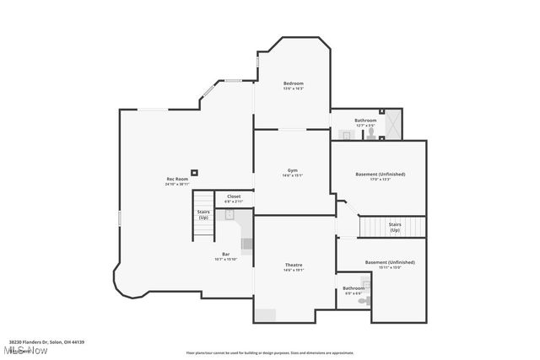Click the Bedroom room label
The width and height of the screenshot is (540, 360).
(293, 83)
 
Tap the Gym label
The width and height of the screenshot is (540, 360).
(293, 169)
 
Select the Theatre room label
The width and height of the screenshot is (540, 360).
(293, 265)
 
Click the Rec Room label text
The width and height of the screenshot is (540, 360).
(176, 178)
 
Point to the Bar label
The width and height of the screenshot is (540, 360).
(226, 254)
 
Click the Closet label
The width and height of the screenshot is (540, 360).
(234, 196)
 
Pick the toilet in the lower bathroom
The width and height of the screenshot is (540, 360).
(364, 300)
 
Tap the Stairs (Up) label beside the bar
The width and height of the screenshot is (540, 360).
(203, 214)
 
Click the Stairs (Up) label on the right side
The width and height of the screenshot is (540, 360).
(395, 227)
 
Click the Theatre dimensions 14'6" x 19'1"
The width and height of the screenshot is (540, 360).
(293, 271)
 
